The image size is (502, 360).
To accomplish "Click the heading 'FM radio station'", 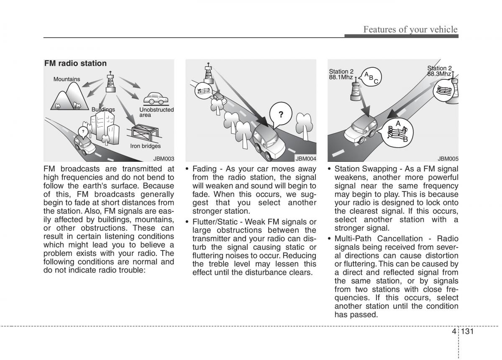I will pyautogui.click(x=76, y=64).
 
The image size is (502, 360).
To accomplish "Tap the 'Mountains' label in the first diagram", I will pyautogui.click(x=67, y=79).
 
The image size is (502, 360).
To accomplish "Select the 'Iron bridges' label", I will pyautogui.click(x=145, y=146).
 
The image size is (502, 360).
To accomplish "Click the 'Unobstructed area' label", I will pyautogui.click(x=156, y=112).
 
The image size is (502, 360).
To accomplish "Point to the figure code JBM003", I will pyautogui.click(x=163, y=159).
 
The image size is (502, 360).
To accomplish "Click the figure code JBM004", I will pyautogui.click(x=306, y=159).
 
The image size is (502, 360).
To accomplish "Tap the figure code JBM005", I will pyautogui.click(x=448, y=159).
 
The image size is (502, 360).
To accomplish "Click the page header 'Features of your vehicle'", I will pyautogui.click(x=410, y=29).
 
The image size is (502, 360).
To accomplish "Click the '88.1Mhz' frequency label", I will pyautogui.click(x=341, y=77).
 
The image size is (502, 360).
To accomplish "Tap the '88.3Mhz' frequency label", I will pyautogui.click(x=439, y=74).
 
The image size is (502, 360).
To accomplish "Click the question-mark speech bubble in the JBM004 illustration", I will pyautogui.click(x=281, y=115).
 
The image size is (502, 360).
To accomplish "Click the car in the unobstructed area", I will pyautogui.click(x=156, y=99).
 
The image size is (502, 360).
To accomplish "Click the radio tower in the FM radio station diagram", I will pyautogui.click(x=110, y=82).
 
